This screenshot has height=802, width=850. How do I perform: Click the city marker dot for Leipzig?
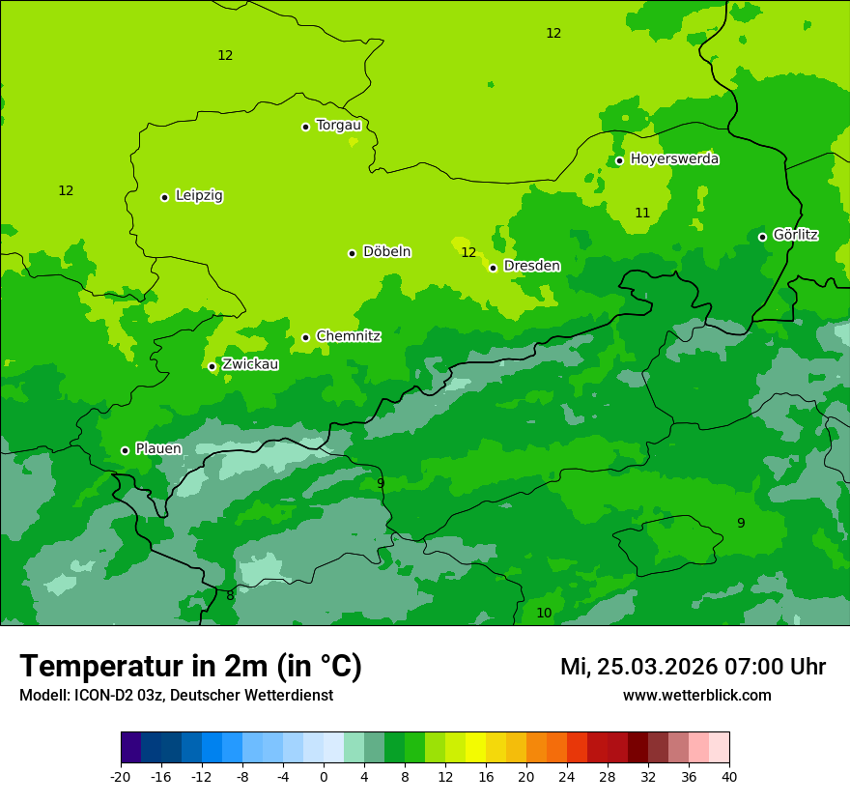tap(164, 197)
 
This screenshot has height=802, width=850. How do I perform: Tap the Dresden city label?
tap(532, 266)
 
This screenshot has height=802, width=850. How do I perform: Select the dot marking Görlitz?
tap(762, 237)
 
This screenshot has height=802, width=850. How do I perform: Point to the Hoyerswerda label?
tap(674, 158)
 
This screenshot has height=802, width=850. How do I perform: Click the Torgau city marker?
tap(305, 127)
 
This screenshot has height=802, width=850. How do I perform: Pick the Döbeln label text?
tap(386, 252)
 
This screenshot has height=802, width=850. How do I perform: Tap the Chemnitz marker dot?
tap(305, 337)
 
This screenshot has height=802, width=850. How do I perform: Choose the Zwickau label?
tap(250, 364)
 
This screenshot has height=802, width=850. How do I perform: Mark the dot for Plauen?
tap(125, 450)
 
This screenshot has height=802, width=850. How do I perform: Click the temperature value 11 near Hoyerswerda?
tap(642, 213)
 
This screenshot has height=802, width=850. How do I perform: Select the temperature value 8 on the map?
tap(230, 596)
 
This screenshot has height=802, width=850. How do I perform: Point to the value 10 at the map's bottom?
tap(544, 613)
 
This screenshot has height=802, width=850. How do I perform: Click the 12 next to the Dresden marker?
tap(468, 252)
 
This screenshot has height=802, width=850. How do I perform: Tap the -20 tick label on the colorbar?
tap(121, 777)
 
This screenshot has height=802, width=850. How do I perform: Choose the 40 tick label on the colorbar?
tap(729, 777)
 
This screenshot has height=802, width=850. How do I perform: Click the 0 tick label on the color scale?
tap(324, 777)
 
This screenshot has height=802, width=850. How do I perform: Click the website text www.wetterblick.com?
tap(696, 696)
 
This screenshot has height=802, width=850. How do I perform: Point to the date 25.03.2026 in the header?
tap(656, 667)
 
